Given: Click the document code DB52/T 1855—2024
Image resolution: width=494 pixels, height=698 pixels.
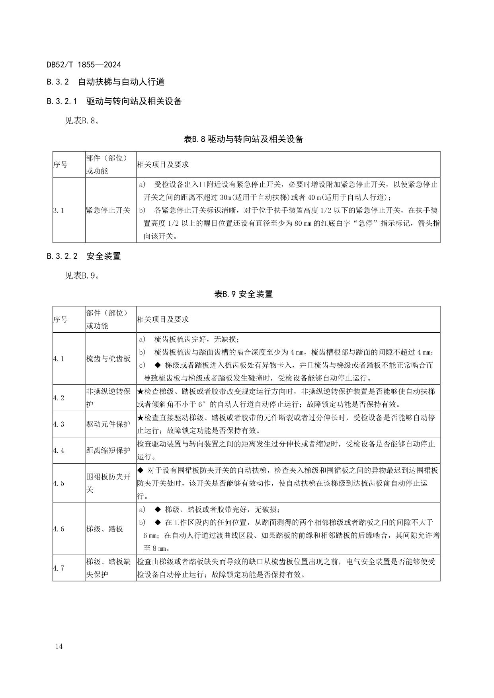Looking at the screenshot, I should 84,64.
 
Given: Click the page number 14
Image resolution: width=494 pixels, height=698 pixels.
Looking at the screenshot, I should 59,646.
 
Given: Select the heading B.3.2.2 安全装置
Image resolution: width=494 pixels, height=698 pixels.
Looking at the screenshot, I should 84,256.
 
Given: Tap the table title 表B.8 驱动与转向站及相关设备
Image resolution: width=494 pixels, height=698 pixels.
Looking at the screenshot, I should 244,139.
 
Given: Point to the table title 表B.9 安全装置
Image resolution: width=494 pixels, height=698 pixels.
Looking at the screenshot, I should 244,294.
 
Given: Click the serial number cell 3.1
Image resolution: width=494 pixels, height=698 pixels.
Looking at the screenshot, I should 59,211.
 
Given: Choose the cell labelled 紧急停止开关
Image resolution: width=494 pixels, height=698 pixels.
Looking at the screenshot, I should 108,211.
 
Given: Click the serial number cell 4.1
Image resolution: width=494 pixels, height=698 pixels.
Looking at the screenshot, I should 59,359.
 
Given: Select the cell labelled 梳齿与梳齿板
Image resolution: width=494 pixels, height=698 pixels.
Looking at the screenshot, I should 108,359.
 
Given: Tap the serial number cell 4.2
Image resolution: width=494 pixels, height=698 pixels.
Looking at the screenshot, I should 59,398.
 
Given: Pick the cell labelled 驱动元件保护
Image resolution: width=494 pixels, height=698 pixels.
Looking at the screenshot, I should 108,424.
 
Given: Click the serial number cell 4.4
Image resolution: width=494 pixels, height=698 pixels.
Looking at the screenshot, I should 59,450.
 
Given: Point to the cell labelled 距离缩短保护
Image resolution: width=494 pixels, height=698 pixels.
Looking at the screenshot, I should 108,450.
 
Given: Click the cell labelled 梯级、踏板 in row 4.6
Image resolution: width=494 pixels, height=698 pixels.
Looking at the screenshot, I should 105,529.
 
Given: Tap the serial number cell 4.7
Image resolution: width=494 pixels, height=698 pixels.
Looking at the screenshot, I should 59,568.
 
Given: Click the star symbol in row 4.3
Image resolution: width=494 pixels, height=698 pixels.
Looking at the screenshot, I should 140,418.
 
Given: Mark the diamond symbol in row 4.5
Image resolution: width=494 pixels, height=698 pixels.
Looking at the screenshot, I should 140,470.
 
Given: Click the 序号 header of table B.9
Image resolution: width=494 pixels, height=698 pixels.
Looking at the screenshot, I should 61,319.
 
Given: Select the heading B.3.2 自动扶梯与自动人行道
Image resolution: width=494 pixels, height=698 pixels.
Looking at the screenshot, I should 105,82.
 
